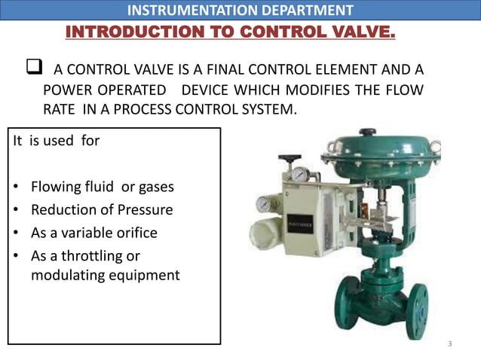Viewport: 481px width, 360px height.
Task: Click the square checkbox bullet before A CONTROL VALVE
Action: pyautogui.click(x=33, y=70)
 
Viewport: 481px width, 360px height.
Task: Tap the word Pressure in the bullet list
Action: pyautogui.click(x=146, y=209)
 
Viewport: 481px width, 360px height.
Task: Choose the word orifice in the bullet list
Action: pyautogui.click(x=135, y=233)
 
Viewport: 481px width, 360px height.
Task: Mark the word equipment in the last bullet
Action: pyautogui.click(x=142, y=275)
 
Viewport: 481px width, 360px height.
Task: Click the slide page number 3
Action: pyautogui.click(x=449, y=344)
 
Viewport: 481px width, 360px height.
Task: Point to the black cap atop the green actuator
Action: pyautogui.click(x=368, y=133)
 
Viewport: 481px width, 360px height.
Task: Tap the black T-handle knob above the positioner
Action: pyautogui.click(x=289, y=159)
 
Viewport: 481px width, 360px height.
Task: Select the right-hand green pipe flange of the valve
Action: pyautogui.click(x=417, y=309)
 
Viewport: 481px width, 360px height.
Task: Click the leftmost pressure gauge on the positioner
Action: pyautogui.click(x=265, y=203)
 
